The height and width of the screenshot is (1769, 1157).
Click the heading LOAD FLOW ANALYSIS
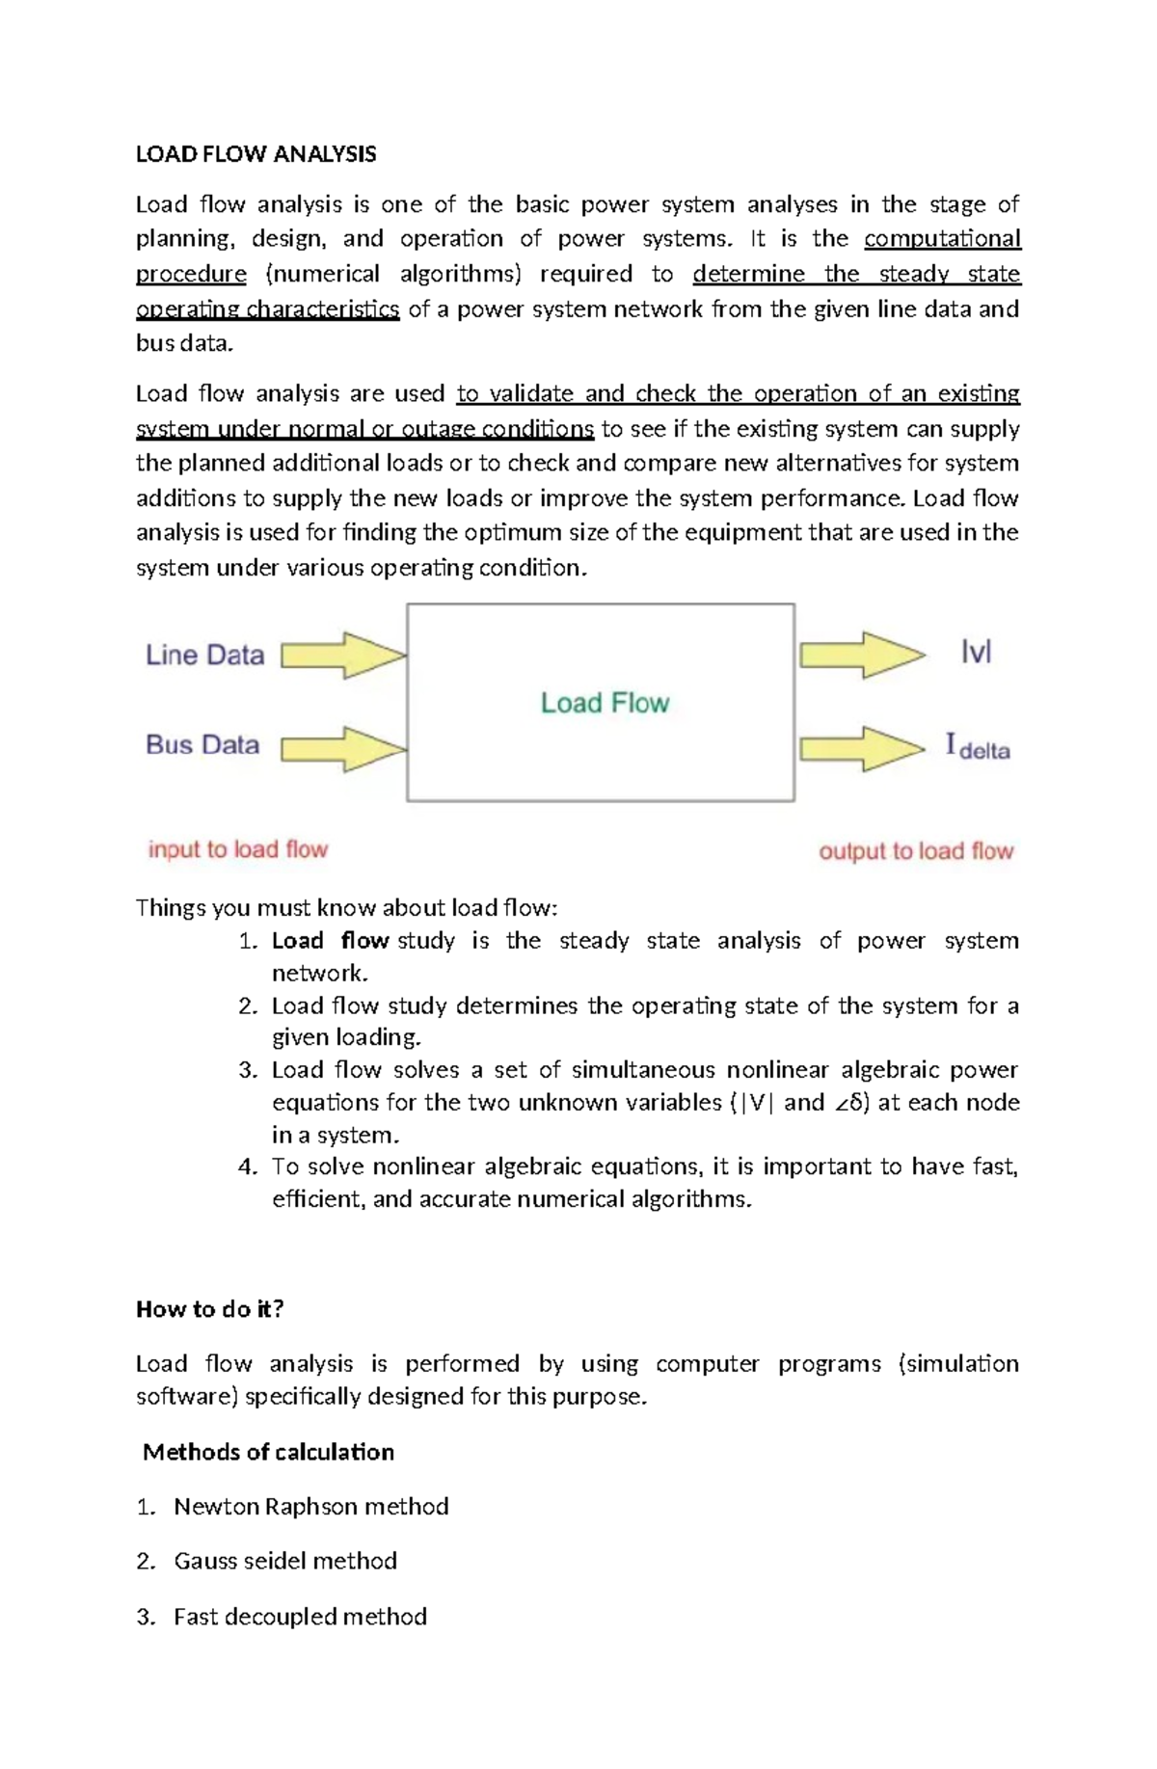(x=256, y=154)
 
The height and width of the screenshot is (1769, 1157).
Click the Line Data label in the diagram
(x=204, y=656)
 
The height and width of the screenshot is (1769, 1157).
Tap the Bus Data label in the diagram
(x=202, y=745)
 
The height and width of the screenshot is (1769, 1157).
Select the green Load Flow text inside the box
(x=605, y=703)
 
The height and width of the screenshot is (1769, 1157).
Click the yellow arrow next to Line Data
(x=343, y=656)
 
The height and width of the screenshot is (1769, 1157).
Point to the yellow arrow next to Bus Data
(x=343, y=749)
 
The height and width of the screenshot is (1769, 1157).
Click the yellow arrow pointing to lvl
(x=862, y=656)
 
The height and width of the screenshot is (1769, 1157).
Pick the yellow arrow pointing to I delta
(x=862, y=749)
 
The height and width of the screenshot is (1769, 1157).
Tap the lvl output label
(x=976, y=654)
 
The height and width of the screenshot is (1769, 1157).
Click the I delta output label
(x=978, y=747)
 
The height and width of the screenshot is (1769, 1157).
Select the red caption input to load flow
(x=238, y=849)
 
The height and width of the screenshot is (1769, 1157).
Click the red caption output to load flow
(x=916, y=851)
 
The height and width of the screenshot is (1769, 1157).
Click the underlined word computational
(x=942, y=239)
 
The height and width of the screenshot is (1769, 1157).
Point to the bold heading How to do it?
(x=210, y=1309)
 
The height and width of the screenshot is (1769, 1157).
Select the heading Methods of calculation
(x=268, y=1452)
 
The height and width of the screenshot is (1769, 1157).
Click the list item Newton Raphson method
(x=310, y=1507)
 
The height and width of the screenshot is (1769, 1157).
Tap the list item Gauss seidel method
(x=285, y=1561)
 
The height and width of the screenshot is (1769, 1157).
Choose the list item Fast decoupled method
(x=300, y=1617)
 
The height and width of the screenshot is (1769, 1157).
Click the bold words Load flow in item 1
(x=330, y=941)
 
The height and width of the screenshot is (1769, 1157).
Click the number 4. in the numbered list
(x=248, y=1167)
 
